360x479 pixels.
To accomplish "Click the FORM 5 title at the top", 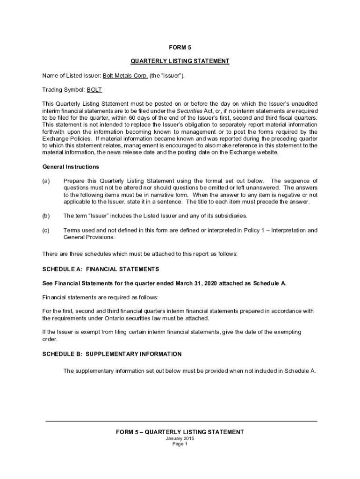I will (x=180, y=47).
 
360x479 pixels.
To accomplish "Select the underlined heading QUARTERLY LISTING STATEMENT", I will (x=180, y=61).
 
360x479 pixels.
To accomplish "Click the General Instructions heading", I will (x=71, y=167).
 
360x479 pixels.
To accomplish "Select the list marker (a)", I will (x=46, y=181).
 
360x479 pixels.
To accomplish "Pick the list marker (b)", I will (x=46, y=216).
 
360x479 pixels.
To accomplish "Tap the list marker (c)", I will (x=46, y=230).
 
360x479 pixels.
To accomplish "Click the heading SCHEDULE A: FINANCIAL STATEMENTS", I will (x=101, y=269).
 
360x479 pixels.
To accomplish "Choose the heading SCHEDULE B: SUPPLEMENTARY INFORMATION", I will (x=112, y=354).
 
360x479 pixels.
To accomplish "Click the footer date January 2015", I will (x=180, y=438).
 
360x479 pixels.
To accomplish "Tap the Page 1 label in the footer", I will (x=180, y=444).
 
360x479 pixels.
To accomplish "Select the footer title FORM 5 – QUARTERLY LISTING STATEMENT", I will (x=180, y=432).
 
